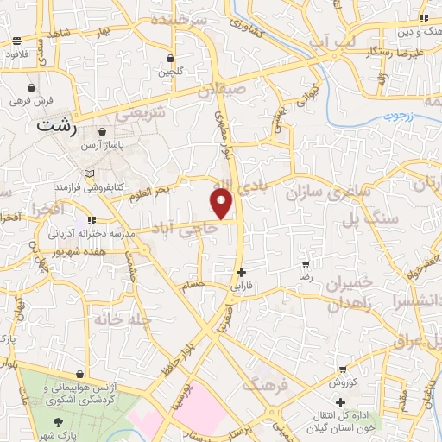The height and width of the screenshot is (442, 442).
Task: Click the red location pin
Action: pos(222,203)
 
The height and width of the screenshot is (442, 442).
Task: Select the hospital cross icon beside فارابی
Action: pos(241,272)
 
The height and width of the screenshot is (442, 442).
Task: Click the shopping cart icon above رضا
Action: pos(305,263)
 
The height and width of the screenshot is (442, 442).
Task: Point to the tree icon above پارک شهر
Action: pos(59,422)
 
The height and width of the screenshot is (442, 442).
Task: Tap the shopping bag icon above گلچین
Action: pos(171,59)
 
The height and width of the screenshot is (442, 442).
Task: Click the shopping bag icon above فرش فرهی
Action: pos(32,87)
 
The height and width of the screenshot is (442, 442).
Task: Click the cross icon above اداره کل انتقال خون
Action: pos(342,401)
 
